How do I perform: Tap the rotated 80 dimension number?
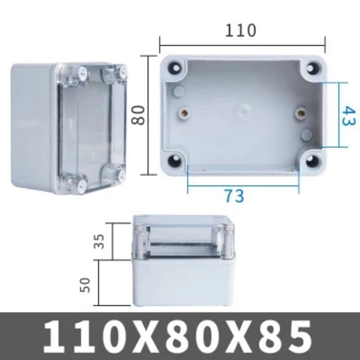(x=138, y=115)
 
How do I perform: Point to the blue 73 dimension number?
(x=234, y=196)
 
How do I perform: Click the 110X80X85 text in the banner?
(x=180, y=336)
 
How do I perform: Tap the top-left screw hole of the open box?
(x=175, y=68)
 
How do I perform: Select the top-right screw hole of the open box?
(x=312, y=68)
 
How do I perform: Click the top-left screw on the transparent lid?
(x=82, y=72)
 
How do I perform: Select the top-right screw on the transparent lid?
(x=121, y=70)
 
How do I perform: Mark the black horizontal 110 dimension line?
(x=242, y=45)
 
